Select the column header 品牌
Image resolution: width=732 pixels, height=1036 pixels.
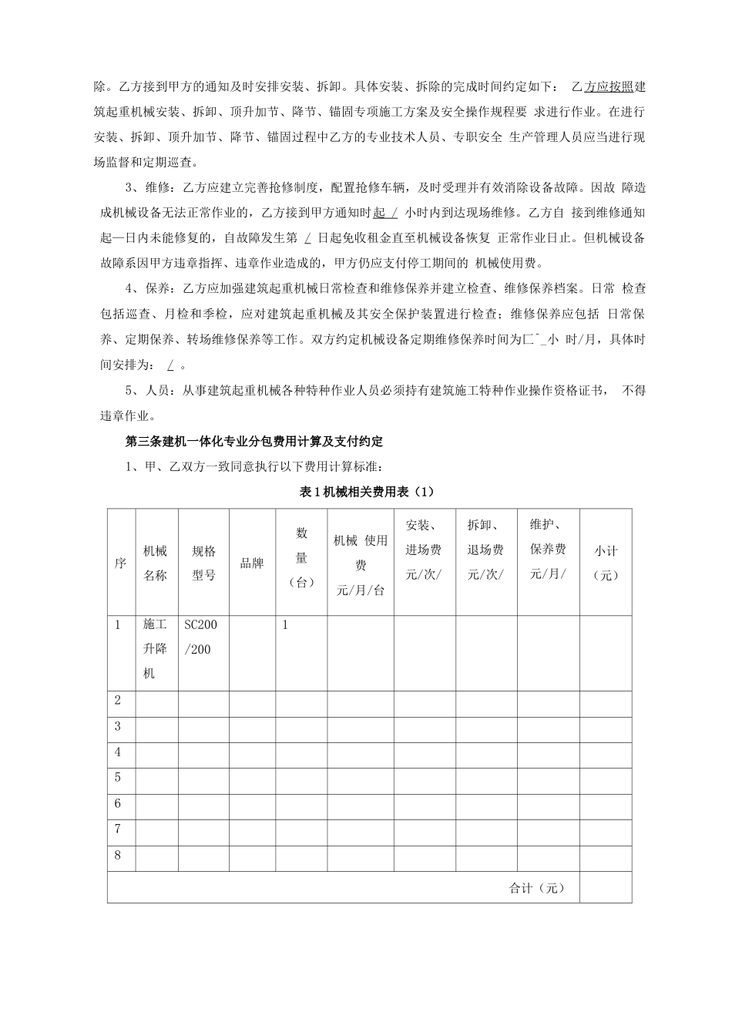click(x=252, y=563)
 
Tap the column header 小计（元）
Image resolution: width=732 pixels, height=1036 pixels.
click(x=606, y=563)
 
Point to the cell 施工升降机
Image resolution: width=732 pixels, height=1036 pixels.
click(x=156, y=649)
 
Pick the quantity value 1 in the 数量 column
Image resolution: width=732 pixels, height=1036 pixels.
click(x=284, y=625)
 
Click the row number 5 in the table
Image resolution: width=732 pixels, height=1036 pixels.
click(x=118, y=778)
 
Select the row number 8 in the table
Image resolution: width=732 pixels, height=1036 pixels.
click(x=118, y=855)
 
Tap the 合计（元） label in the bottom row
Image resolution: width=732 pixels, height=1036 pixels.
click(x=537, y=888)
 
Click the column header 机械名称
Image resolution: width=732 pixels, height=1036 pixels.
click(x=156, y=563)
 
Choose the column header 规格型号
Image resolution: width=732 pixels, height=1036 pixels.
click(x=203, y=563)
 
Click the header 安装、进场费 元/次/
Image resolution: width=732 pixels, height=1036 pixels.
click(x=424, y=550)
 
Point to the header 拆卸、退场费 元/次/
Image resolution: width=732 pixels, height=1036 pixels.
click(x=485, y=550)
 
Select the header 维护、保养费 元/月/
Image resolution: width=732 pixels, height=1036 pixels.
click(x=548, y=549)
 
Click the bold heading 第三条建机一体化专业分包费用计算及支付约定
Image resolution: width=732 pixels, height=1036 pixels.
click(x=254, y=442)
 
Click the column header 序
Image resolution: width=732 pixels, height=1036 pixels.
click(x=120, y=563)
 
